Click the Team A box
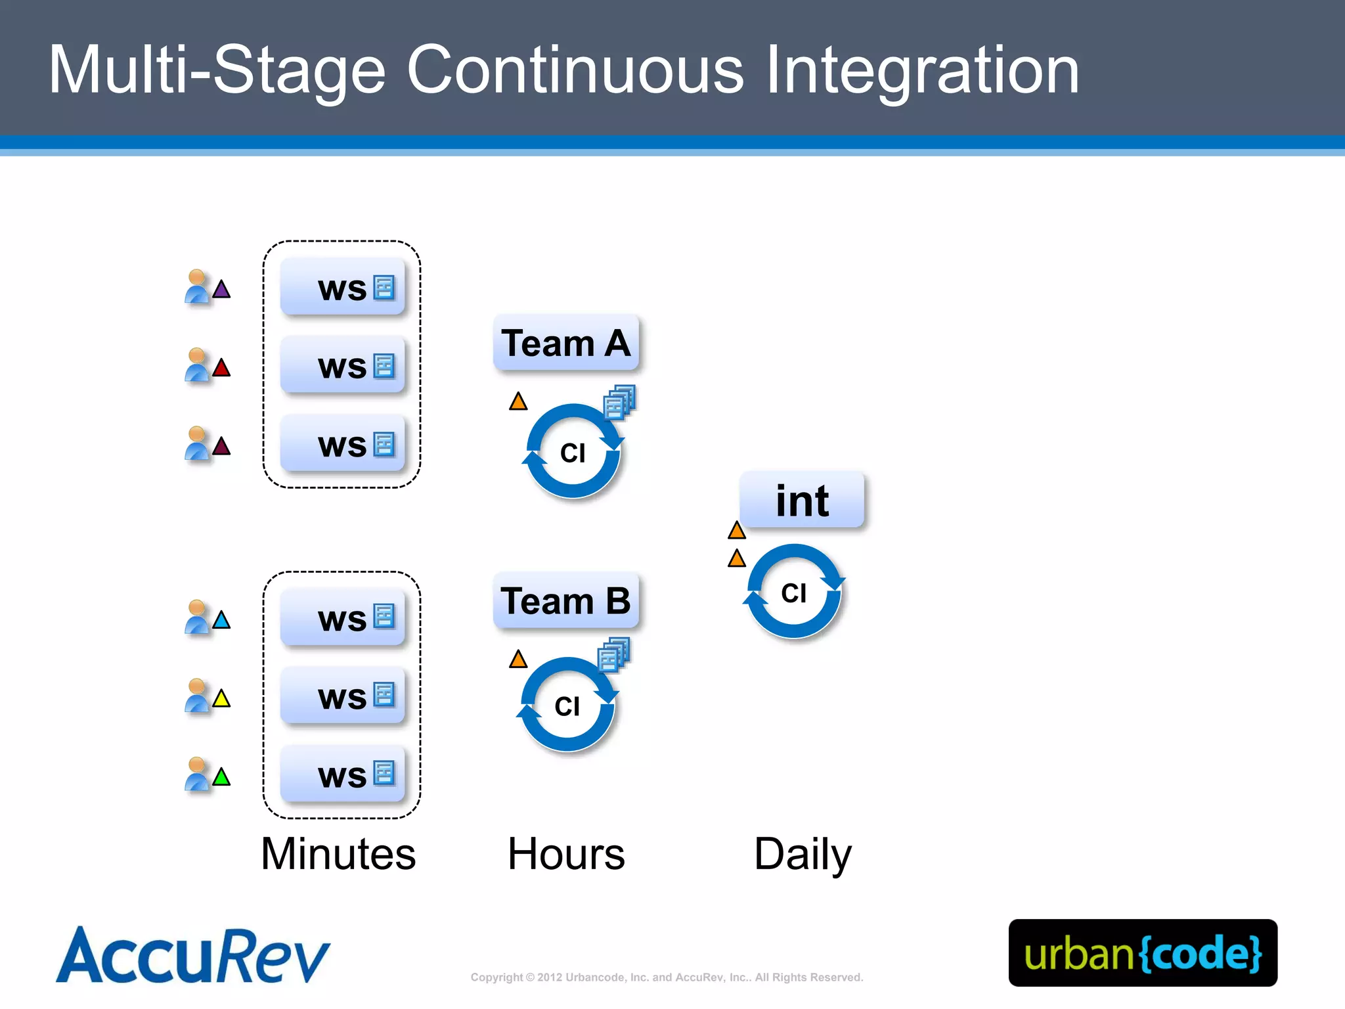[565, 343]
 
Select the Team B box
[565, 601]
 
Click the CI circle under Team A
[573, 452]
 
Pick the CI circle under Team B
[567, 706]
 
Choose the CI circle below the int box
[793, 593]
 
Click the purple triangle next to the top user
[221, 290]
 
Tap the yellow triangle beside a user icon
[221, 699]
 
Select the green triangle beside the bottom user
[221, 778]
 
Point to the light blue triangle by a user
[221, 620]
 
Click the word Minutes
[338, 854]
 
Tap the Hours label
[566, 854]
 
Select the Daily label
[802, 854]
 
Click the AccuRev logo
[193, 956]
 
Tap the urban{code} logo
[1143, 953]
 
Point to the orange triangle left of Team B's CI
[518, 660]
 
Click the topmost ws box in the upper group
[342, 287]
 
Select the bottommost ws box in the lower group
[342, 774]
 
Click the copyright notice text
[667, 977]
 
